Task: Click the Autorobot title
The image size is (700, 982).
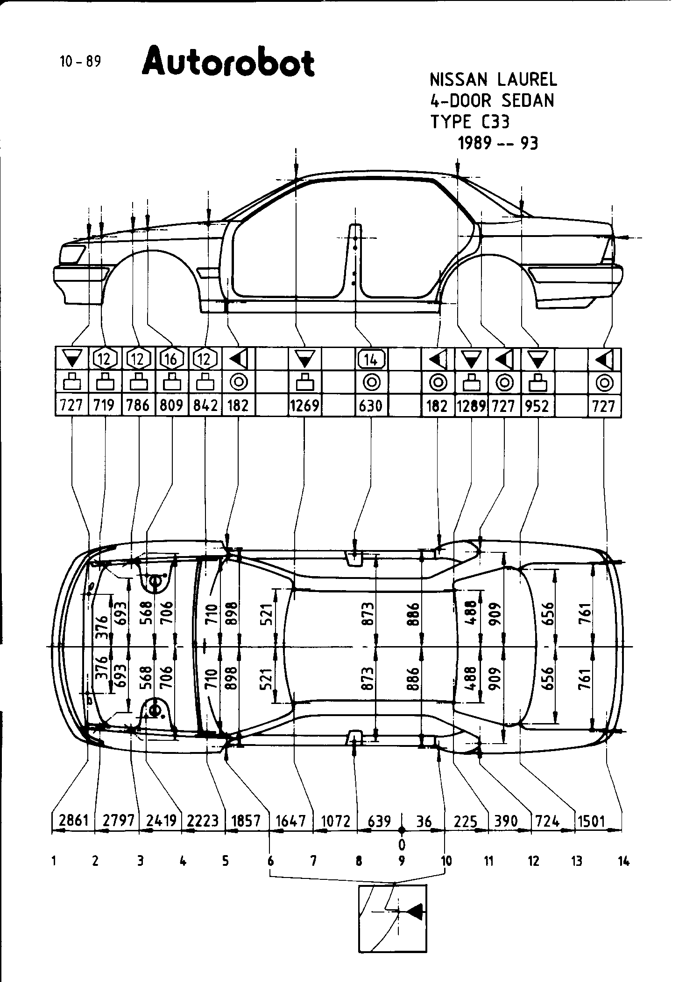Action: pos(228,62)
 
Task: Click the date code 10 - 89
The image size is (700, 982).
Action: pos(80,62)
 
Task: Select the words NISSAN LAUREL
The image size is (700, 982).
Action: pos(493,80)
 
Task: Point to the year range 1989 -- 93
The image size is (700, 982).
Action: pos(498,143)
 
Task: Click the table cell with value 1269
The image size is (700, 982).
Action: pos(304,405)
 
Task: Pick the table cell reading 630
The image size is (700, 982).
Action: pos(371,405)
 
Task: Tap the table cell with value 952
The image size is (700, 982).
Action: pos(537,405)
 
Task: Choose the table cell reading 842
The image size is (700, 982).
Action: pos(205,405)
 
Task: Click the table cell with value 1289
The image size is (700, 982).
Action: pos(471,405)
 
